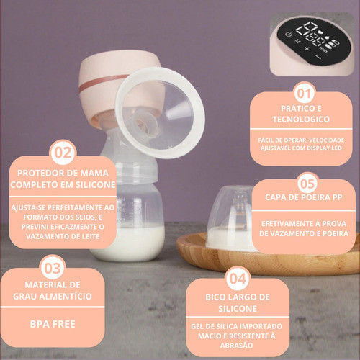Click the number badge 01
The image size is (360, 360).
point(305,94)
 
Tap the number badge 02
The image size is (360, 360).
point(63,153)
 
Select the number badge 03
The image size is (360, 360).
point(53,268)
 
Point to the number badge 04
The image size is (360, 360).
point(238,279)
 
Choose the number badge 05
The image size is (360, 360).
point(307,184)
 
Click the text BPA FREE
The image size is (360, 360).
point(53,324)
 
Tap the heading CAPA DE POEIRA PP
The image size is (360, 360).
point(304,197)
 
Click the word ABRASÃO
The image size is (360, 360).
point(237,346)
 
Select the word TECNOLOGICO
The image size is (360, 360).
point(301,120)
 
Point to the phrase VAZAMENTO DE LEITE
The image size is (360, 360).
point(63,236)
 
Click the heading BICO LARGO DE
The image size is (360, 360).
point(238,297)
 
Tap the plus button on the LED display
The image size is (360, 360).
point(307,49)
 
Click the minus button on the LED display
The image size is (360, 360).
point(318,57)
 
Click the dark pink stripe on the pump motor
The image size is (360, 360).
point(101,83)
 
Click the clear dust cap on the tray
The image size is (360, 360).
point(228,216)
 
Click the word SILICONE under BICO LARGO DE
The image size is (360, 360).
point(238,309)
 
